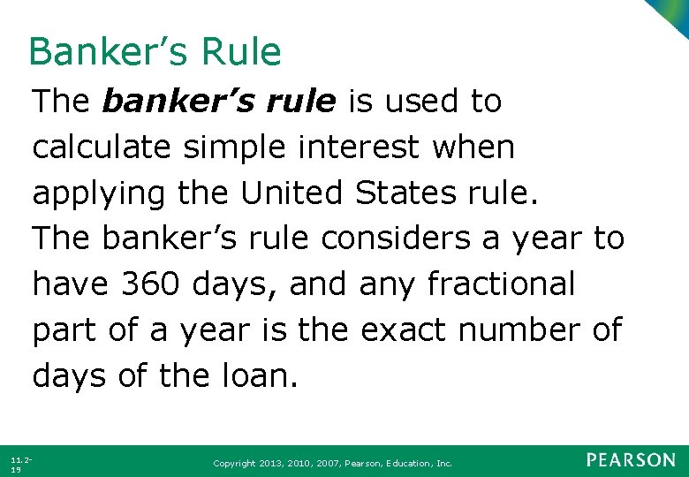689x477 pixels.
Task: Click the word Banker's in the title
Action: point(106,52)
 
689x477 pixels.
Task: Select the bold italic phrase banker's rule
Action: point(219,102)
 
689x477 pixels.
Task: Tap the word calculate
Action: point(102,148)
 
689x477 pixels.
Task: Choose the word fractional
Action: point(501,284)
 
